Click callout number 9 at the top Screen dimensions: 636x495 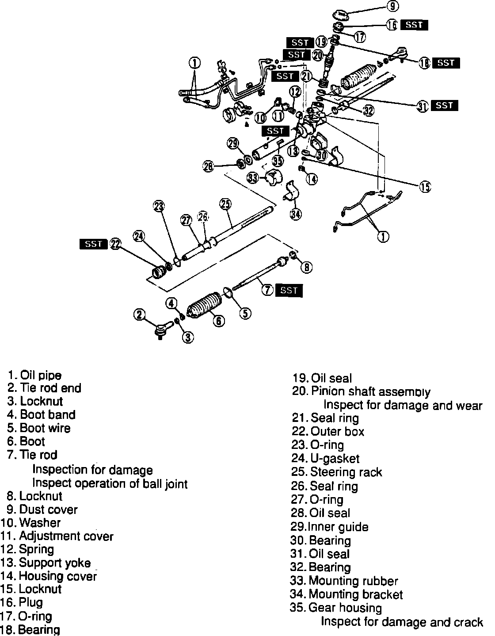(x=392, y=6)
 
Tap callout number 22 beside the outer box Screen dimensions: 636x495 (x=115, y=244)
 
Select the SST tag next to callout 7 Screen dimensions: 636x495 (x=289, y=290)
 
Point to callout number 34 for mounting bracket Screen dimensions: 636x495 (x=296, y=215)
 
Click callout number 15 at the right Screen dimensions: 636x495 (x=425, y=187)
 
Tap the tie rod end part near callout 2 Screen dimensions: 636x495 (x=162, y=329)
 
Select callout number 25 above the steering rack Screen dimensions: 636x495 (x=225, y=204)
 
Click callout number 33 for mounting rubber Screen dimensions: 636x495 (x=253, y=178)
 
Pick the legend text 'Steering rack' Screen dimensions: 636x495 (x=346, y=472)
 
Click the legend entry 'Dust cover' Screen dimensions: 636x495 (x=49, y=510)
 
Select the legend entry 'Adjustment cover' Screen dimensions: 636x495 (x=66, y=536)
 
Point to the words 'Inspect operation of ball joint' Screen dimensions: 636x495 (x=110, y=483)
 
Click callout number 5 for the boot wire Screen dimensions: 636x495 (x=245, y=313)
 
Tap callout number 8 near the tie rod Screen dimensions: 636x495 (x=307, y=267)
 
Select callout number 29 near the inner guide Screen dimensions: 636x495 (x=233, y=143)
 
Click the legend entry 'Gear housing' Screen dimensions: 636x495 (x=345, y=608)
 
